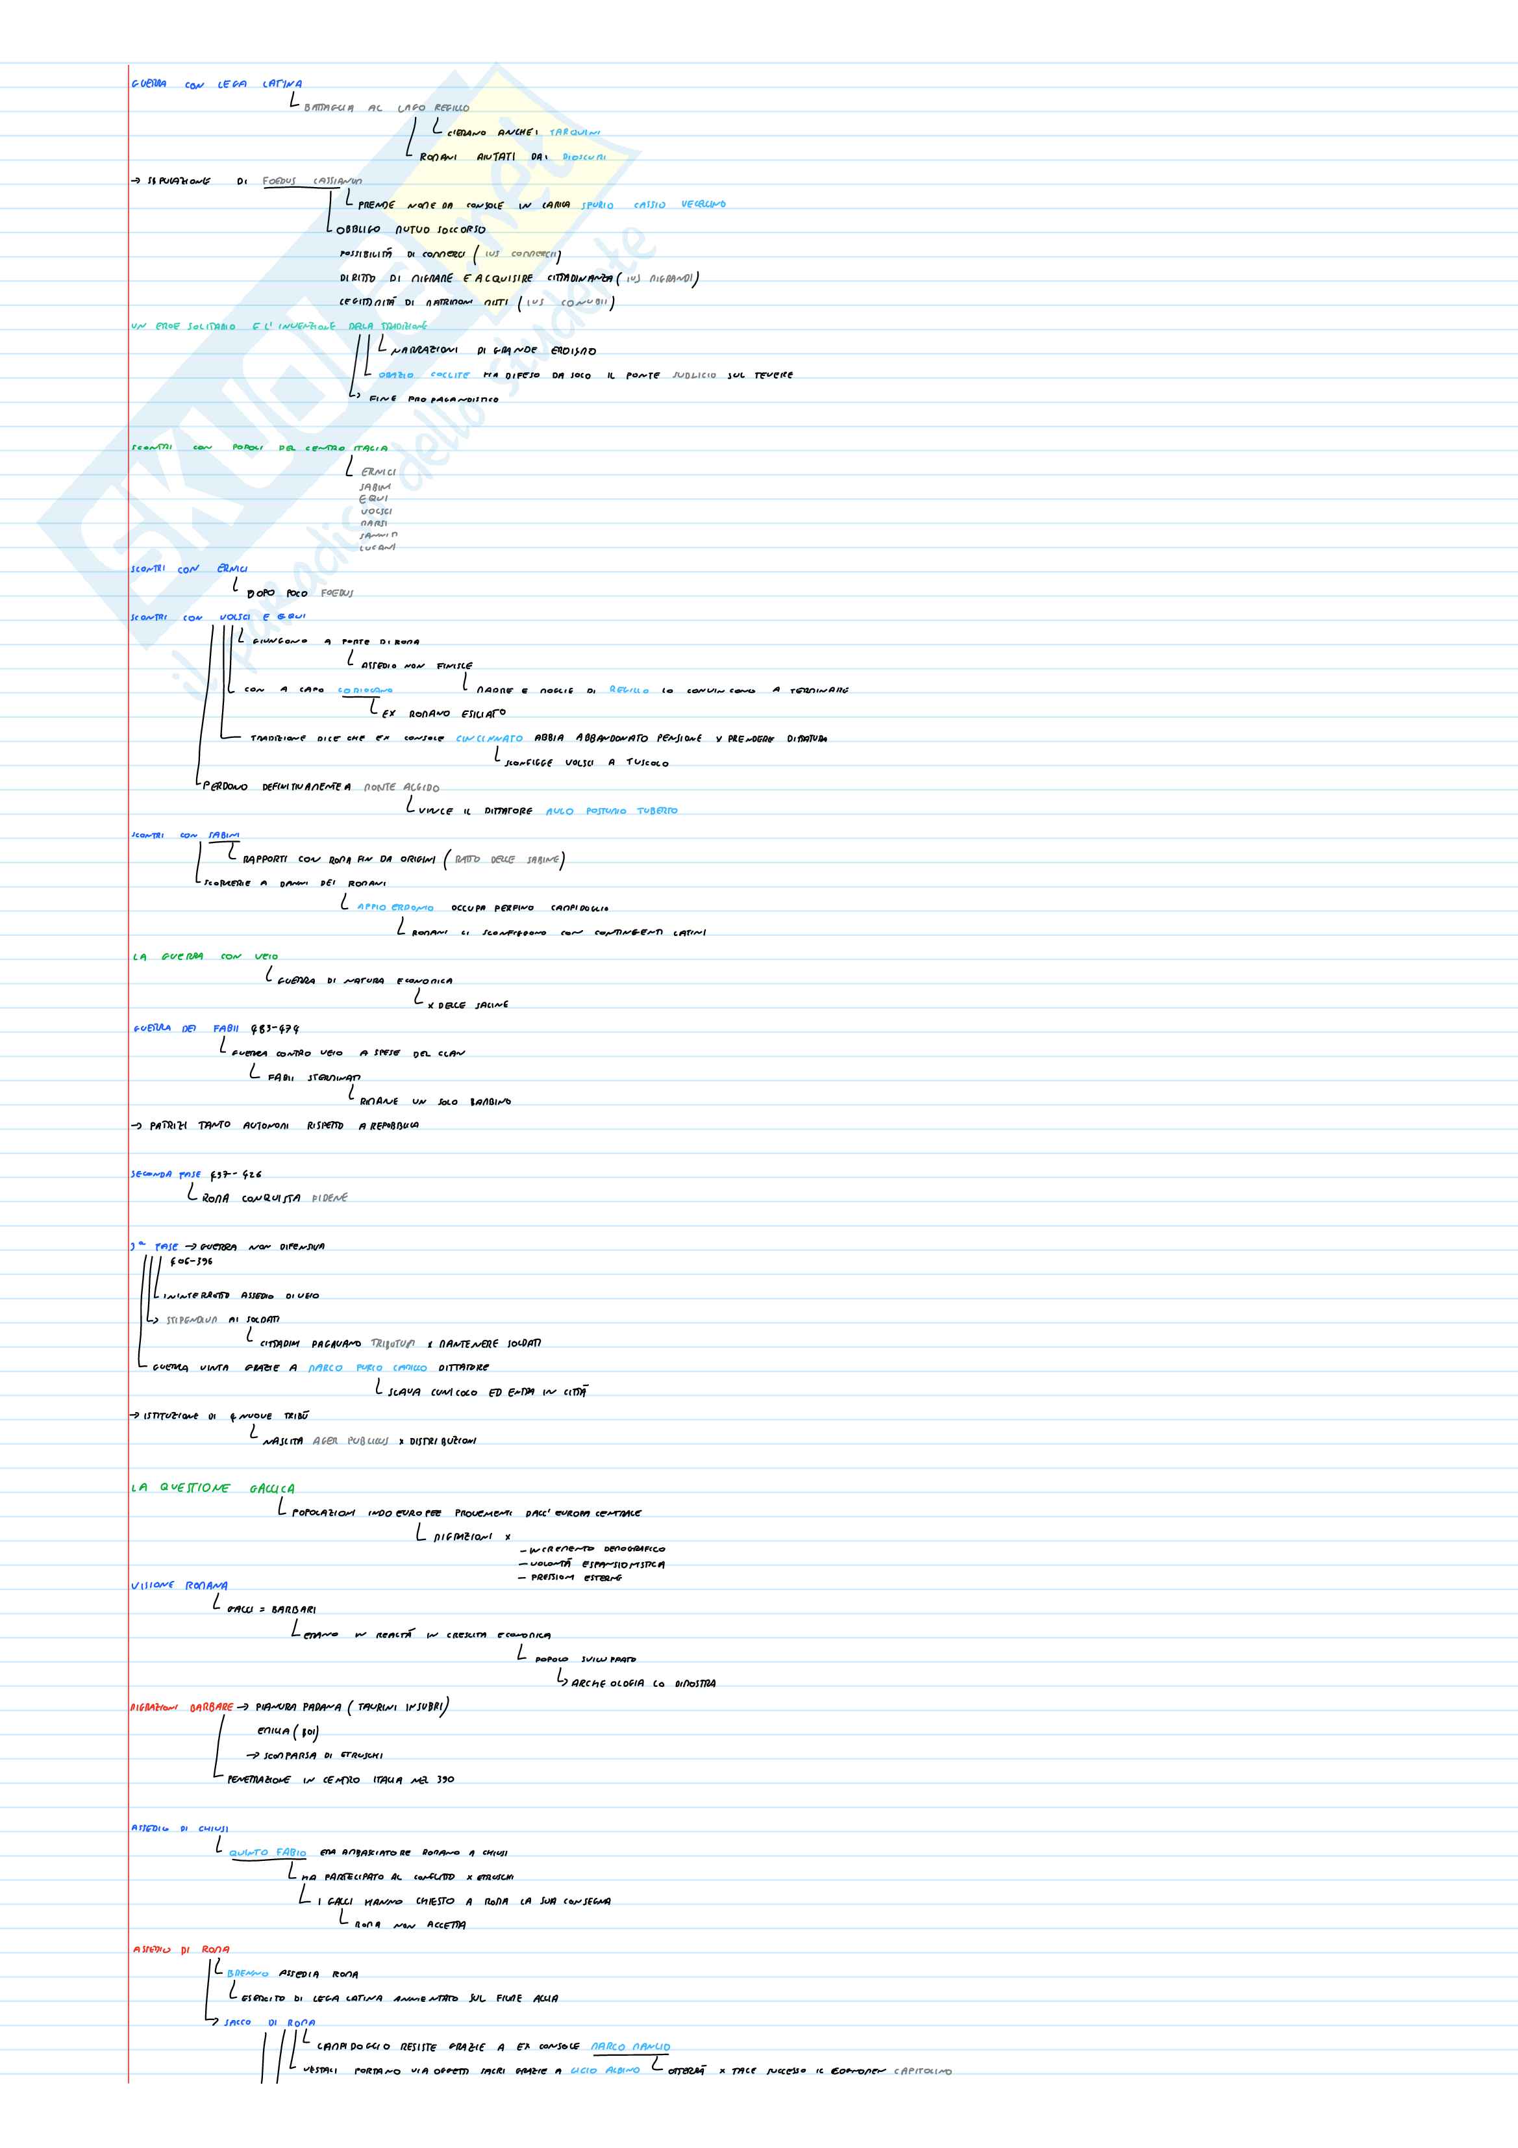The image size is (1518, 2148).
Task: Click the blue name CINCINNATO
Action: (489, 738)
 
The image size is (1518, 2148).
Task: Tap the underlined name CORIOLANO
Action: (366, 690)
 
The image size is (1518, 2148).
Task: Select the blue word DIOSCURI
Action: (584, 157)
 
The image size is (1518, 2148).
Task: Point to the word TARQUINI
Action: (574, 133)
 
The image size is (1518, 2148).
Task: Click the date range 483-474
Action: (275, 1029)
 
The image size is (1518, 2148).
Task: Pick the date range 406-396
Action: (191, 1261)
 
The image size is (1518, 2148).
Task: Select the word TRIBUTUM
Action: (393, 1343)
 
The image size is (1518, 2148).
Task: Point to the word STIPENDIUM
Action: (192, 1320)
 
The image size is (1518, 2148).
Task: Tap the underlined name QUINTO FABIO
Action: (268, 1852)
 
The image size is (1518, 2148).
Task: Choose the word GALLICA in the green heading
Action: (272, 1489)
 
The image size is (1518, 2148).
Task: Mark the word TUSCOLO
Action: (647, 763)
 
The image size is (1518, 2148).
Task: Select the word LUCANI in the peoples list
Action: (377, 548)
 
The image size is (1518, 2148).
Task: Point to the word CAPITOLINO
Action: (922, 2071)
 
